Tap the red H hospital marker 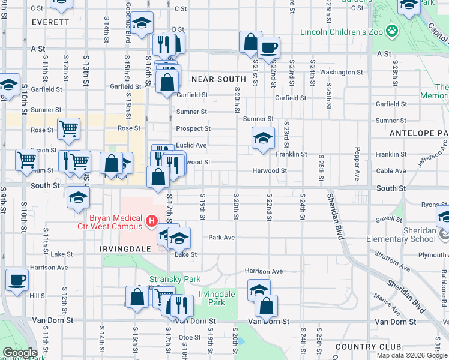[x=152, y=221]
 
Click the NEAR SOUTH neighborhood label [x=218, y=79]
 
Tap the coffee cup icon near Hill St [x=17, y=279]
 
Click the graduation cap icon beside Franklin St [x=262, y=139]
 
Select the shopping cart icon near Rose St [x=68, y=128]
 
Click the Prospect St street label [x=193, y=129]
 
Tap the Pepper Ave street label [x=357, y=158]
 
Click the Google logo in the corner [x=20, y=353]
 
